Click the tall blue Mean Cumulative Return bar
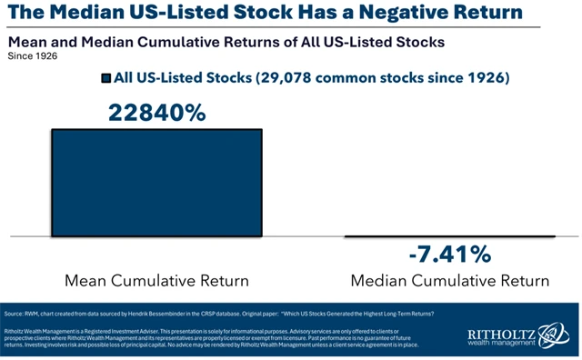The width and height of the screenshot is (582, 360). [x=156, y=182]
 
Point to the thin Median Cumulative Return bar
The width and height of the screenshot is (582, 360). [x=449, y=236]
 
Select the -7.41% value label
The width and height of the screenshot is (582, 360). [x=448, y=254]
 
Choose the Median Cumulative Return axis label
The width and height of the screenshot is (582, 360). [x=449, y=279]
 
